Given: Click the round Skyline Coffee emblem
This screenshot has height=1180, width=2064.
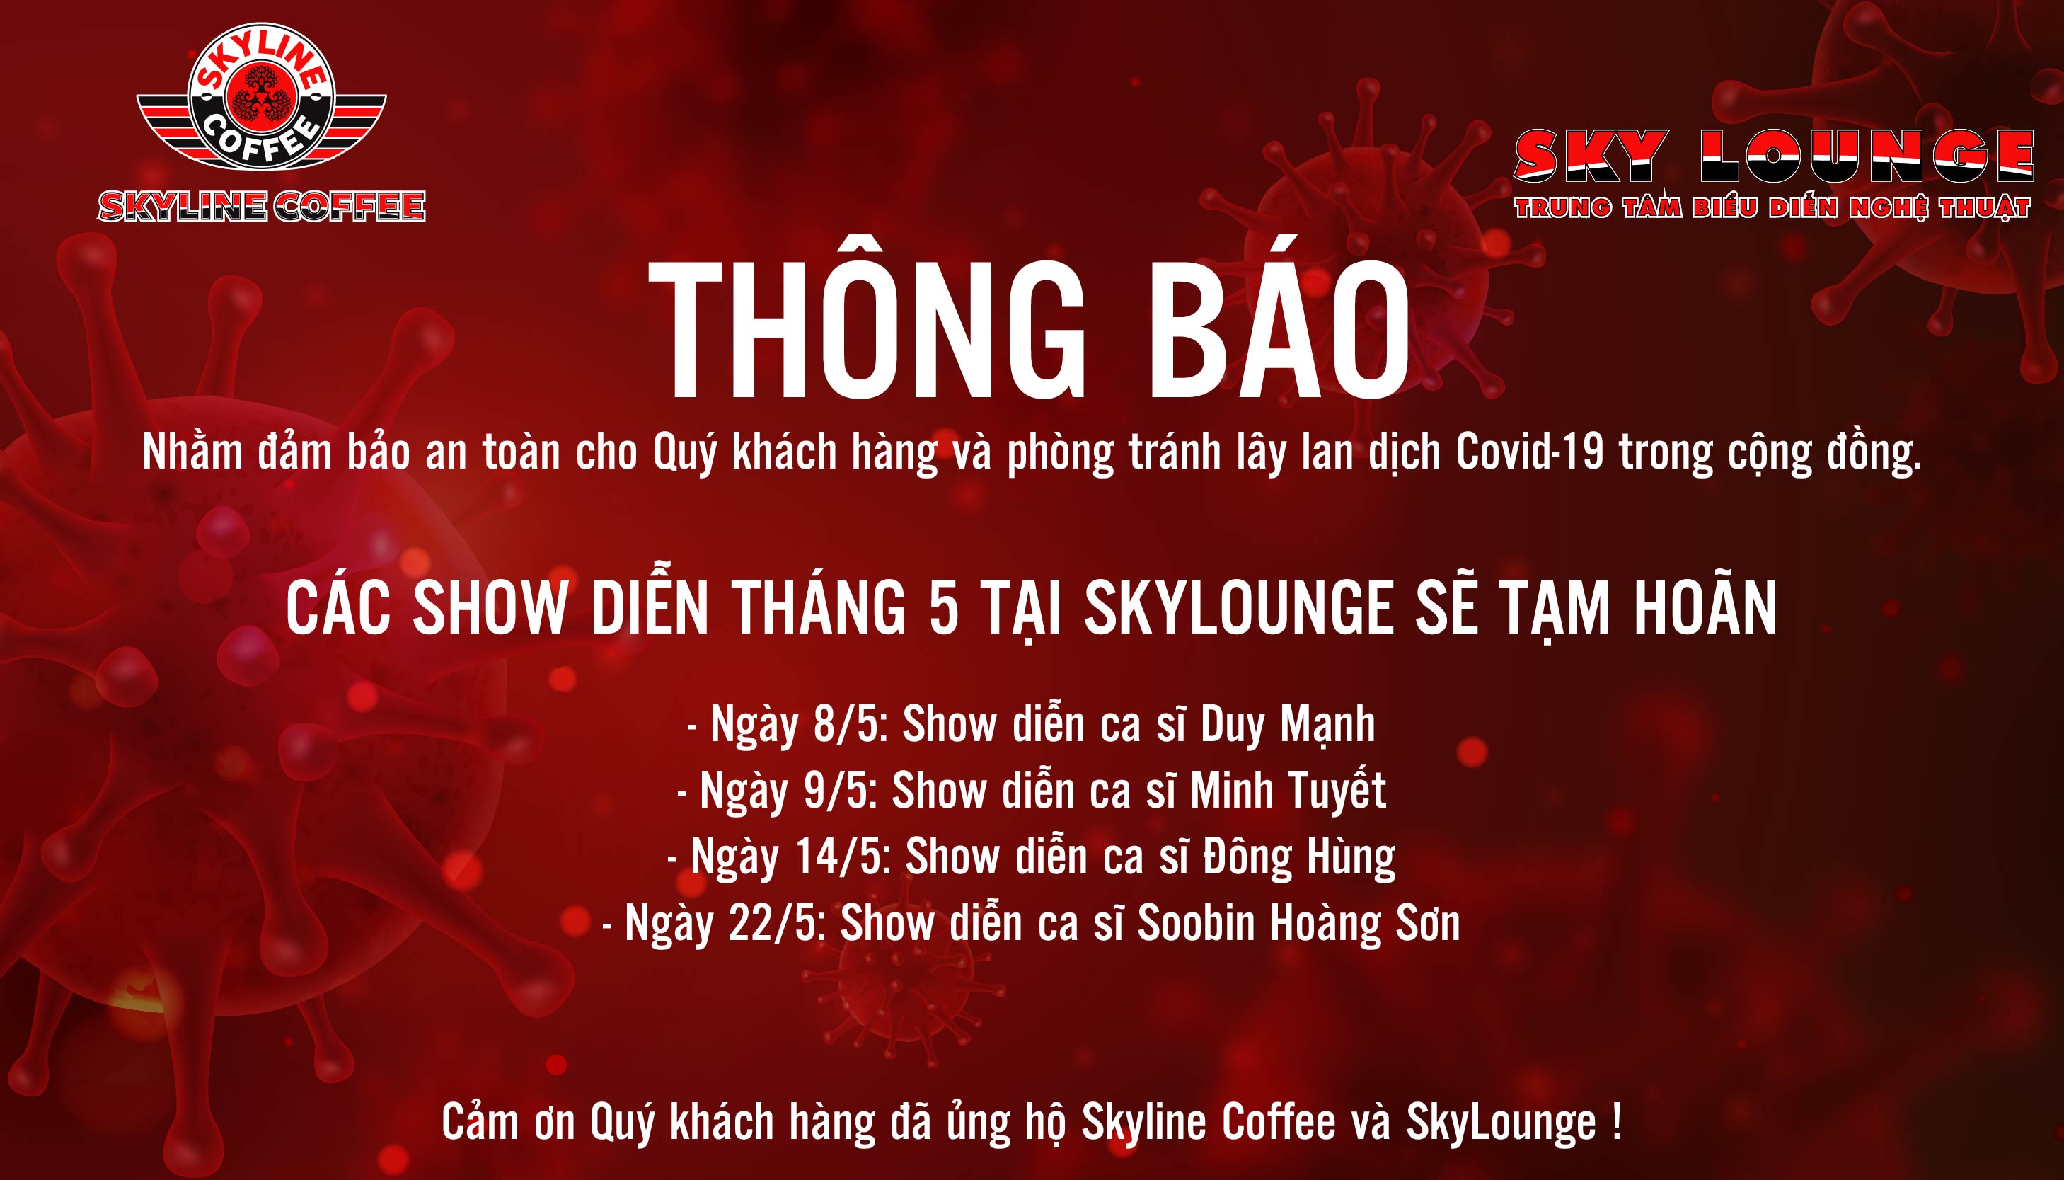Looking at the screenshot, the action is pyautogui.click(x=261, y=96).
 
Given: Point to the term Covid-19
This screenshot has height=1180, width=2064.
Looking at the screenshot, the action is pyautogui.click(x=1529, y=451).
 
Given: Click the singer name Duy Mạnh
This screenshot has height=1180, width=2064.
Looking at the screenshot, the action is pyautogui.click(x=1288, y=725).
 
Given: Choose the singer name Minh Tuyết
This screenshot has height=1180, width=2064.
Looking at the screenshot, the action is pyautogui.click(x=1288, y=791).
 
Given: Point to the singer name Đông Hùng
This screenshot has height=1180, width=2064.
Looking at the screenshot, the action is pyautogui.click(x=1299, y=857).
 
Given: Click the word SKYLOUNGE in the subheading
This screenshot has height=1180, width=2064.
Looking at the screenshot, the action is pyautogui.click(x=1238, y=608).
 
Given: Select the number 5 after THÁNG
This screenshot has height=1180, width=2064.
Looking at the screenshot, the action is pyautogui.click(x=944, y=608).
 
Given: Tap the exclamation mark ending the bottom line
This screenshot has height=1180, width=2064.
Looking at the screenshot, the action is pyautogui.click(x=1617, y=1122).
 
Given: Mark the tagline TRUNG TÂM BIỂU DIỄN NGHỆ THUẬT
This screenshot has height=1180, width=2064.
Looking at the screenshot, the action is pyautogui.click(x=1772, y=208).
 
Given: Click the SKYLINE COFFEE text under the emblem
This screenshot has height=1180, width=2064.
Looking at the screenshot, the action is pyautogui.click(x=262, y=207).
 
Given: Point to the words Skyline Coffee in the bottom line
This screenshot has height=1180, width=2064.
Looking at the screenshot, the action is pyautogui.click(x=1209, y=1123).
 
